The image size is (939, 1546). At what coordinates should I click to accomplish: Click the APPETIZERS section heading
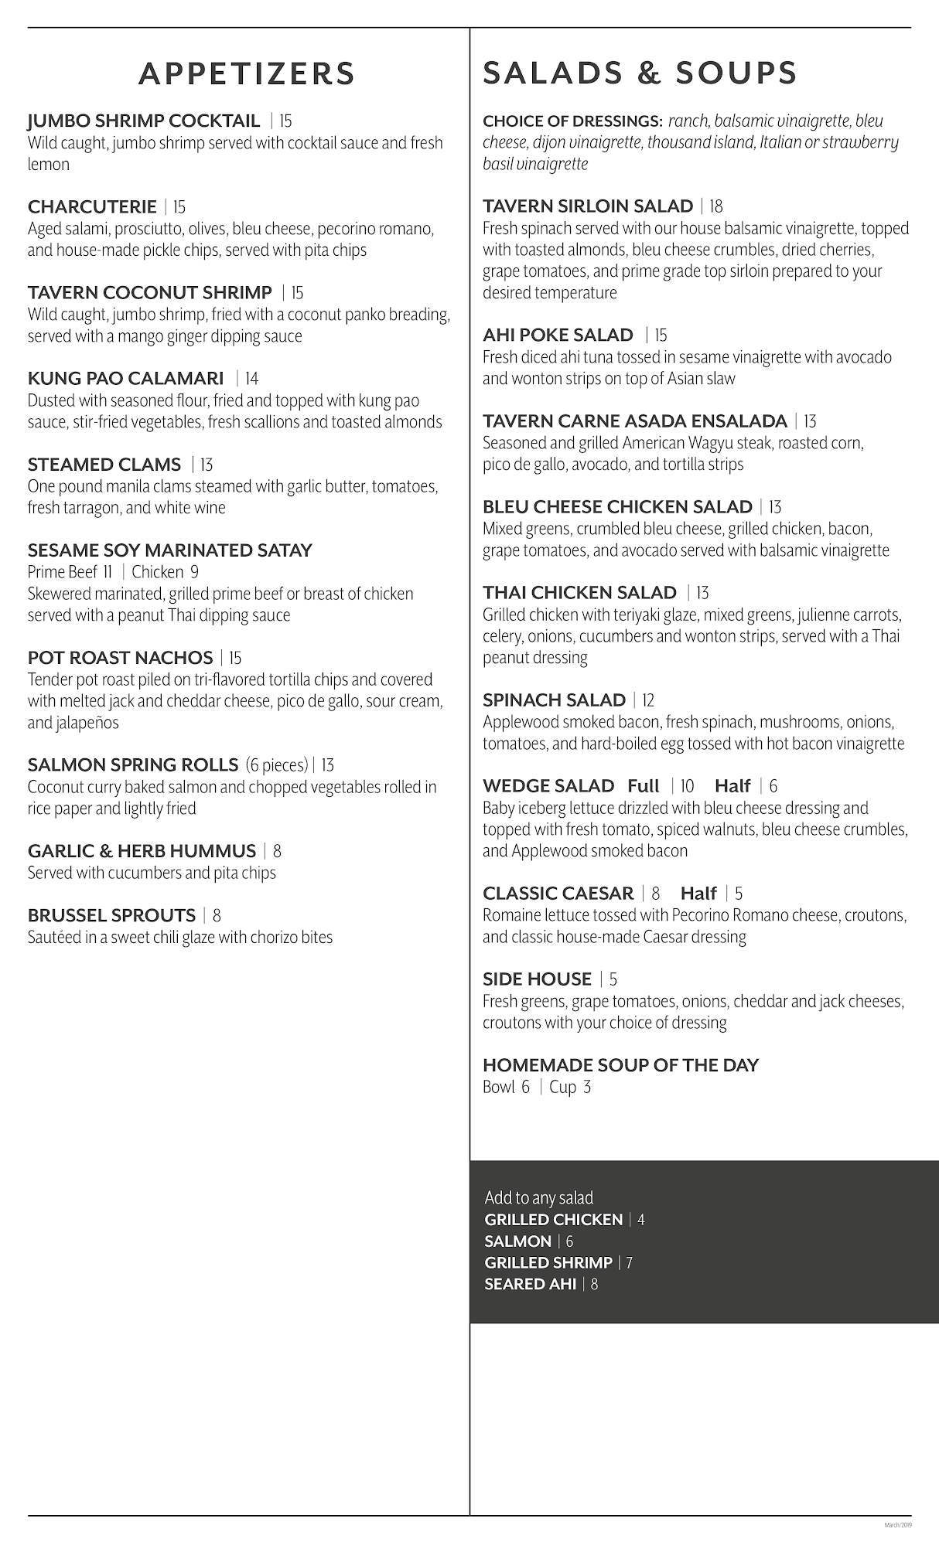coord(247,73)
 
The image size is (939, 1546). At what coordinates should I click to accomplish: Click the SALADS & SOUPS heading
coord(640,73)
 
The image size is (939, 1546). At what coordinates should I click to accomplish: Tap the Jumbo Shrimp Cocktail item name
coord(144,121)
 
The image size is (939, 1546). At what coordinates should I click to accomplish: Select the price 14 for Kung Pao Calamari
coord(252,379)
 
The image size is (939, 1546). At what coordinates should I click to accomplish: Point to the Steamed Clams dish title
coord(104,465)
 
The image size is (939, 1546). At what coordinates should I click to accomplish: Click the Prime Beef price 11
coord(108,572)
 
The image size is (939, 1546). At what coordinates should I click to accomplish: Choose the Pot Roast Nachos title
coord(120,658)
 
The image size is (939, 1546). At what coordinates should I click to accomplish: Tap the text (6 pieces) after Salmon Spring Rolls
coord(277,765)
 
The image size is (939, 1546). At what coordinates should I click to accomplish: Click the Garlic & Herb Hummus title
coord(142,851)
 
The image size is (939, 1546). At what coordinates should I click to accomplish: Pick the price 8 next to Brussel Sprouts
coord(217,915)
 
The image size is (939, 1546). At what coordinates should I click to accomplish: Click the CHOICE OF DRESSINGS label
coord(572,121)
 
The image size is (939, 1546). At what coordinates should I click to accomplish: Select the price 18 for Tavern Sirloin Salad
coord(716,206)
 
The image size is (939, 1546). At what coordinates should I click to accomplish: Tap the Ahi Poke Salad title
coord(558,335)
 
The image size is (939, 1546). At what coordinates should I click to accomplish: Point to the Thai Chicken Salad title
coord(579,593)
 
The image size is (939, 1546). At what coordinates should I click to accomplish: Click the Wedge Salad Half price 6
coord(773,786)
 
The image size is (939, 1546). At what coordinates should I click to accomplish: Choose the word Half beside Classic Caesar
coord(698,894)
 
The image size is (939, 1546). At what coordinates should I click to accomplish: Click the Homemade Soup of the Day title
coord(620,1065)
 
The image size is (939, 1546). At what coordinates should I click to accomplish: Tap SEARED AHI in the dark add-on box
coord(531,1284)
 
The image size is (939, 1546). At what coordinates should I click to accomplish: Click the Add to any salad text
coord(538,1197)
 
